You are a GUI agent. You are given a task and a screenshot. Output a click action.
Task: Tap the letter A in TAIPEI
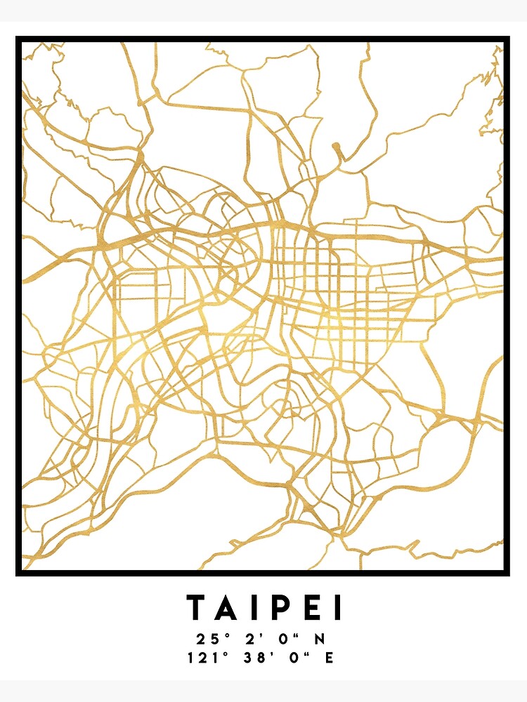(229, 608)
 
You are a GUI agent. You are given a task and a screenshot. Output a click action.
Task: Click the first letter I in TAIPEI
(256, 608)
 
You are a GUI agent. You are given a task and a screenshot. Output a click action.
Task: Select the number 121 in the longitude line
(200, 658)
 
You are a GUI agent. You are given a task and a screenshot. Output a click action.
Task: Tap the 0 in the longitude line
(289, 658)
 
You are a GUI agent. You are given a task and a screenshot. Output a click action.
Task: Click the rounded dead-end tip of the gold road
(336, 147)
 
